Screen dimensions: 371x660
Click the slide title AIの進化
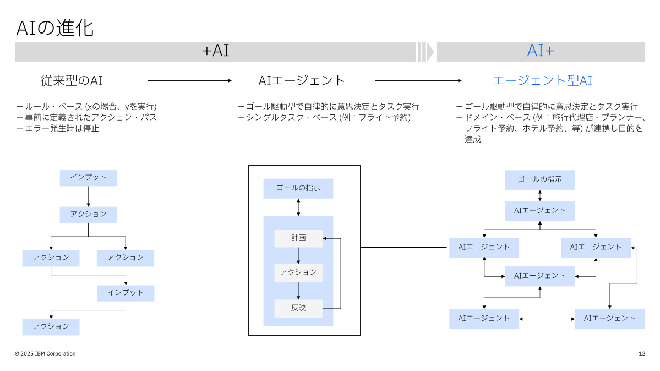[54, 28]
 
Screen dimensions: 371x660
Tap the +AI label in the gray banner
[215, 51]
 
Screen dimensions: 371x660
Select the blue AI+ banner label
[540, 51]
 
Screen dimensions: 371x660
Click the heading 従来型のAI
[72, 80]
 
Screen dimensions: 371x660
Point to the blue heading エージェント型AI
[542, 80]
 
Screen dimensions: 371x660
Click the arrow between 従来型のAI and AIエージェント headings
[190, 80]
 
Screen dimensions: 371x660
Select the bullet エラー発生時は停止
[58, 128]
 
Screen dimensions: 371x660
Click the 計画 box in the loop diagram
[298, 238]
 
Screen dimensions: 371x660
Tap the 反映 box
[298, 308]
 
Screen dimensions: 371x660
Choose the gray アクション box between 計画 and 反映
[298, 272]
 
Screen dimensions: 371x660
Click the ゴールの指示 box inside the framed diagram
[298, 188]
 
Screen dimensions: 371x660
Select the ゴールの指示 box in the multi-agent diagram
[540, 179]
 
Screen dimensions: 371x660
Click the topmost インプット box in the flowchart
[88, 178]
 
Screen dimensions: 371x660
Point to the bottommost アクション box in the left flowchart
[51, 327]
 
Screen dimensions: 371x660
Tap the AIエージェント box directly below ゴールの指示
[540, 211]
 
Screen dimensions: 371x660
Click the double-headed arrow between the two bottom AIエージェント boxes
[547, 319]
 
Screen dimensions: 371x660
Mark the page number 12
[642, 353]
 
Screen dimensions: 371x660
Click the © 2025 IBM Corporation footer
[45, 353]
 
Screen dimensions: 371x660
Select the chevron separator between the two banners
[425, 52]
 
